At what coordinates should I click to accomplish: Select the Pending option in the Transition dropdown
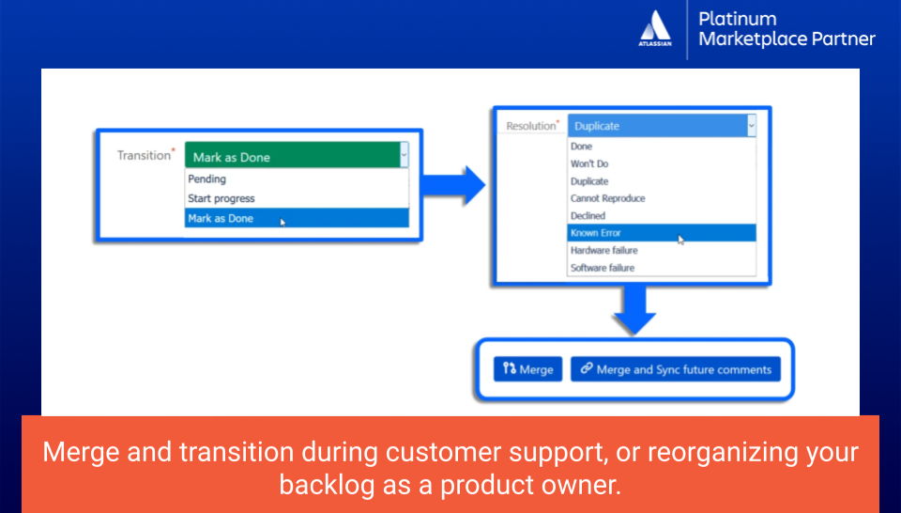tap(206, 179)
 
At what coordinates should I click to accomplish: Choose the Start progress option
tap(221, 198)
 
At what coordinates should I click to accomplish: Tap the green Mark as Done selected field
tap(293, 157)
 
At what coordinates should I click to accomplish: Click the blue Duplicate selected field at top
tap(657, 126)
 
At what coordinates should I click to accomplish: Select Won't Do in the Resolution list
tap(589, 163)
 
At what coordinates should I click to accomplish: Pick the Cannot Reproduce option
tap(608, 198)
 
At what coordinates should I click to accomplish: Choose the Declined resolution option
tap(588, 216)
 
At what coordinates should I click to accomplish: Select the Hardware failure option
tap(603, 250)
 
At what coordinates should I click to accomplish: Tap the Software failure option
tap(603, 268)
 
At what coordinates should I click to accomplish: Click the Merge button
tap(527, 369)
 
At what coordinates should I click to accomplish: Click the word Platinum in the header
tap(738, 19)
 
